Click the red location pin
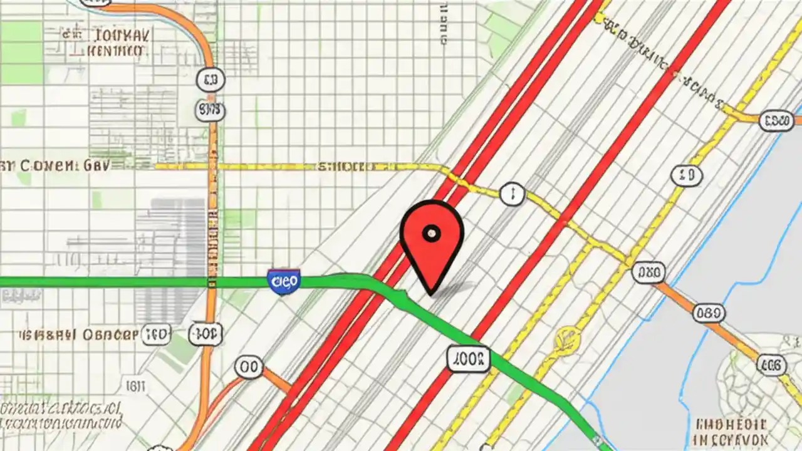[431, 244]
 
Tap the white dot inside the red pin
[431, 234]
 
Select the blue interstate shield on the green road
[283, 282]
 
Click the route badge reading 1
[511, 194]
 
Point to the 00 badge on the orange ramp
[249, 368]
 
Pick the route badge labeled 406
[771, 364]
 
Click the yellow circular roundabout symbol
[567, 338]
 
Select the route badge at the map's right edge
[777, 121]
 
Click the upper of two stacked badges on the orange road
[210, 80]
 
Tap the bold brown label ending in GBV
[55, 166]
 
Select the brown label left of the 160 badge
[78, 334]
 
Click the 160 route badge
[156, 334]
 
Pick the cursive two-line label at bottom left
[60, 414]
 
